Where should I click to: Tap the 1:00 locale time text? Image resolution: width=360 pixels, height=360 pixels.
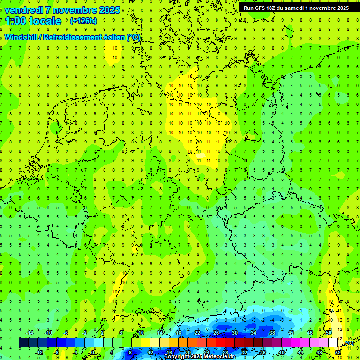pyautogui.click(x=33, y=21)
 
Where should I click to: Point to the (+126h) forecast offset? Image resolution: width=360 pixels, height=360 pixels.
pyautogui.click(x=83, y=21)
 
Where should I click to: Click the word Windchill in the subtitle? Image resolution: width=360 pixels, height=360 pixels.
pyautogui.click(x=20, y=37)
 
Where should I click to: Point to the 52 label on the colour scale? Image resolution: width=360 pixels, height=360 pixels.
pyautogui.click(x=338, y=352)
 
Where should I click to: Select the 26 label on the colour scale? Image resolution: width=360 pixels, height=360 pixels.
pyautogui.click(x=216, y=333)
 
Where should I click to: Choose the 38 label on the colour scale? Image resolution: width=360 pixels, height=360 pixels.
pyautogui.click(x=272, y=333)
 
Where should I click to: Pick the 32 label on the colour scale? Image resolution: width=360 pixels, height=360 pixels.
pyautogui.click(x=244, y=352)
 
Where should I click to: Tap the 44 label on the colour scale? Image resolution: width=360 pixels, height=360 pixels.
pyautogui.click(x=300, y=352)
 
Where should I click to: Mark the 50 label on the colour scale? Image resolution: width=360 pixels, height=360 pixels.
pyautogui.click(x=329, y=333)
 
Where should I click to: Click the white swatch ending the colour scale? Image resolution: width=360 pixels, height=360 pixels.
pyautogui.click(x=333, y=343)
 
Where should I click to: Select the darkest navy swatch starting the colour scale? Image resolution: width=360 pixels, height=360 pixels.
pyautogui.click(x=23, y=343)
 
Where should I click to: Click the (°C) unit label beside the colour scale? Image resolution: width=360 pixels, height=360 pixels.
pyautogui.click(x=348, y=344)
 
